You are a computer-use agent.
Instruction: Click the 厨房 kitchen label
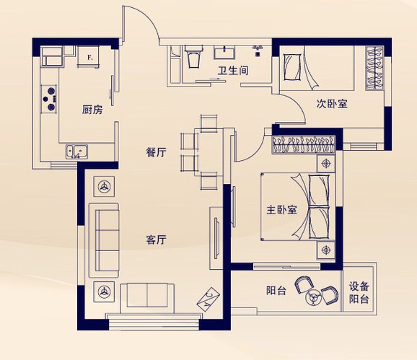point(92,110)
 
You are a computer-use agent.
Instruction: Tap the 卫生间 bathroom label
point(233,71)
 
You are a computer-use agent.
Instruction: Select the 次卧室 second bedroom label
point(332,104)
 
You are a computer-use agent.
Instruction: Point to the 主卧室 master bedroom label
point(281,210)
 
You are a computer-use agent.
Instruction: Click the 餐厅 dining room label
point(157,152)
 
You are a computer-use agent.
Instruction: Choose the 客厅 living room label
point(157,240)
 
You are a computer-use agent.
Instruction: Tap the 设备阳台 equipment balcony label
point(359,293)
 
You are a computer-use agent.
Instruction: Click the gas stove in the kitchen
point(49,99)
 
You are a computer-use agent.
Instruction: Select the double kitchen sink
point(77,152)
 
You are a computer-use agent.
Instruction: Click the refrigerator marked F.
point(89,56)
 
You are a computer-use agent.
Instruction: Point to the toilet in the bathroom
point(193,56)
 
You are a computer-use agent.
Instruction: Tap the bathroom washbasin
point(224,52)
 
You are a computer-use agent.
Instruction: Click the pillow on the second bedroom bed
point(292,67)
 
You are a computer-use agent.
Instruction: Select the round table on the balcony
point(314,297)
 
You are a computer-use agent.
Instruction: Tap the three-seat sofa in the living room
point(104,241)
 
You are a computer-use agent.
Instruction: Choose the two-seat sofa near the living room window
point(147,298)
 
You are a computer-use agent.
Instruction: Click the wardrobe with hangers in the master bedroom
point(303,144)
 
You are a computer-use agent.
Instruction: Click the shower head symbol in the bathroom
point(258,51)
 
